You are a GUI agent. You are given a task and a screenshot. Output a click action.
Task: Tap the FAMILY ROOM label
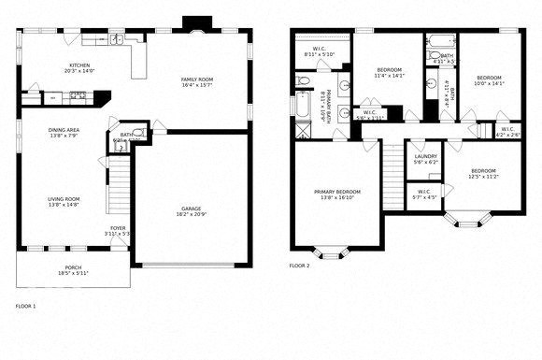coord(197,79)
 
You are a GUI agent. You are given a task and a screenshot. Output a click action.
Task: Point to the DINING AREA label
coord(64,131)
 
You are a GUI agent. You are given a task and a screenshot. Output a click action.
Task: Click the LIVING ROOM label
coord(64,198)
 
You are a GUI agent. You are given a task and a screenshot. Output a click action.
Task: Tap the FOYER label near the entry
coord(119,227)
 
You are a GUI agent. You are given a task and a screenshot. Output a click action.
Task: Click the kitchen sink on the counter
coord(117,39)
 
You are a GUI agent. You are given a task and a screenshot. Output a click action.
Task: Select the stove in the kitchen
coord(78,94)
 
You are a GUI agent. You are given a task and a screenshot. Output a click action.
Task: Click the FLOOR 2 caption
coord(299,266)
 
